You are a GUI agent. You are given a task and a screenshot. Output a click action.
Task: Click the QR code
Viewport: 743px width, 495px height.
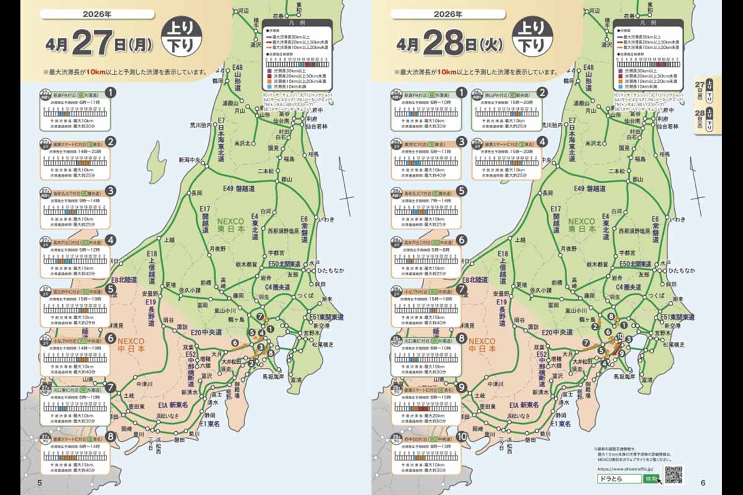(672, 475)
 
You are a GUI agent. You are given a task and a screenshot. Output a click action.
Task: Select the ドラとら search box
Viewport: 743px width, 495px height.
(619, 479)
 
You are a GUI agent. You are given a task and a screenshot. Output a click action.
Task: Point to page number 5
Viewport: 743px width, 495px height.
(40, 483)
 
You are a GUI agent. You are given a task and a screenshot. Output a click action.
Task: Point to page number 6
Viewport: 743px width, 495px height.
(703, 483)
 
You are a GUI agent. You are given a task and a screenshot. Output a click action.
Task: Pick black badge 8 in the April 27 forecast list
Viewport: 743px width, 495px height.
(111, 437)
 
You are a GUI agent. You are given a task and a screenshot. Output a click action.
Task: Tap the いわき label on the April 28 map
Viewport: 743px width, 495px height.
(677, 219)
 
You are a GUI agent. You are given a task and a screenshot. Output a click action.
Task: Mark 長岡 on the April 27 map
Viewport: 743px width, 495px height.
(197, 193)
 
